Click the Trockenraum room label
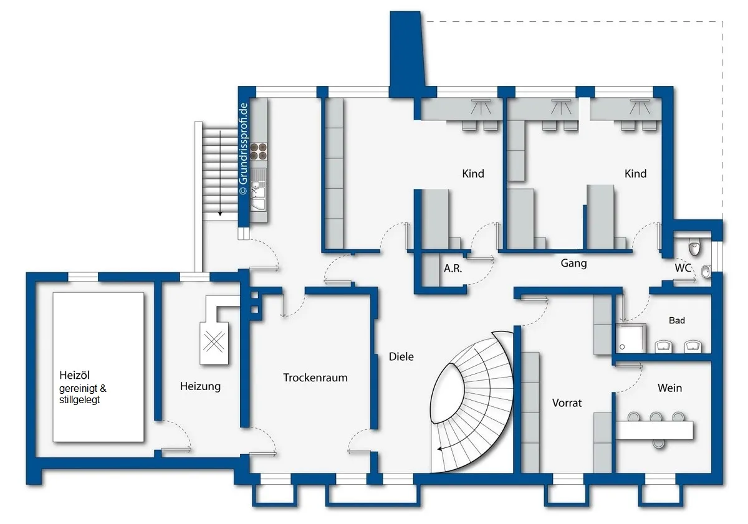tap(315, 378)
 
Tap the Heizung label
tap(200, 386)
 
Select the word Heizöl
tap(74, 375)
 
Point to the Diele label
tap(401, 356)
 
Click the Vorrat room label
tap(567, 403)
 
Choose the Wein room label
tap(669, 388)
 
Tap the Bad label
tap(677, 320)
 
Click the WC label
tap(683, 268)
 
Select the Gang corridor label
tap(573, 264)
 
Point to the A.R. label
tap(453, 269)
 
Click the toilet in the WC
tap(695, 247)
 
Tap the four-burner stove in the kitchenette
tap(259, 151)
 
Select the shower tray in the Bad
tap(631, 338)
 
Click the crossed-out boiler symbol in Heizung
tap(214, 343)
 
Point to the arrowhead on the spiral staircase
tap(440, 449)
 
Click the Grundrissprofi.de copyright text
tap(244, 149)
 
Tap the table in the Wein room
tap(654, 430)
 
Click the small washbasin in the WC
tap(706, 272)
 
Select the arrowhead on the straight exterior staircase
tap(220, 214)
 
